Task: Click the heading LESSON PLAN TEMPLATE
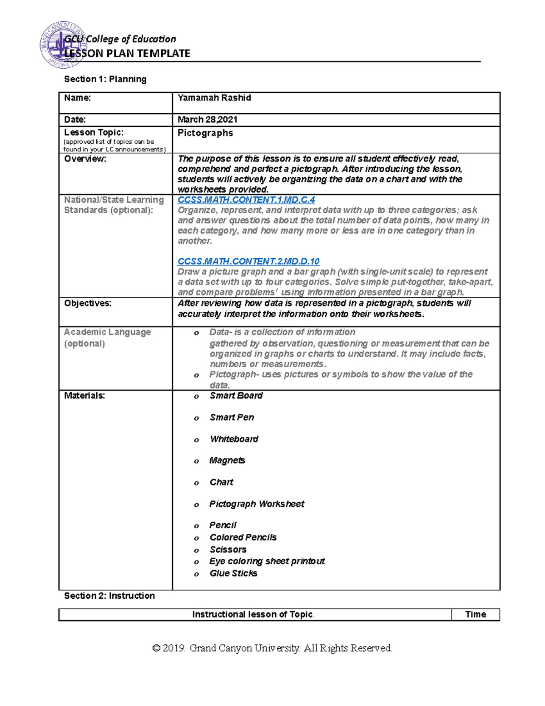(127, 54)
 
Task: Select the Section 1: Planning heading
(105, 79)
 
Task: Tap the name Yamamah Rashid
(214, 98)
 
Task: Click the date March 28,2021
(208, 120)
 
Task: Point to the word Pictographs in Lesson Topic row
(205, 133)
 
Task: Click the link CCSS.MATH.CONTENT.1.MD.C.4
(246, 200)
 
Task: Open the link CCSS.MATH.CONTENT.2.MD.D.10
(248, 261)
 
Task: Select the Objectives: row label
(88, 303)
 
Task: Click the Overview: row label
(85, 159)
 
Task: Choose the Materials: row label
(84, 396)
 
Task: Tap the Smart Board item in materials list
(236, 396)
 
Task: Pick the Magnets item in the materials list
(227, 461)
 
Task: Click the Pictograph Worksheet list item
(257, 504)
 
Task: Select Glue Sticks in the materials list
(233, 573)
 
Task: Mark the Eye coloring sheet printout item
(267, 561)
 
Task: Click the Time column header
(476, 614)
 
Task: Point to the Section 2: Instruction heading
(109, 596)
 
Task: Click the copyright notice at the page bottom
(272, 648)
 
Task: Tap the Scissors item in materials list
(228, 549)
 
